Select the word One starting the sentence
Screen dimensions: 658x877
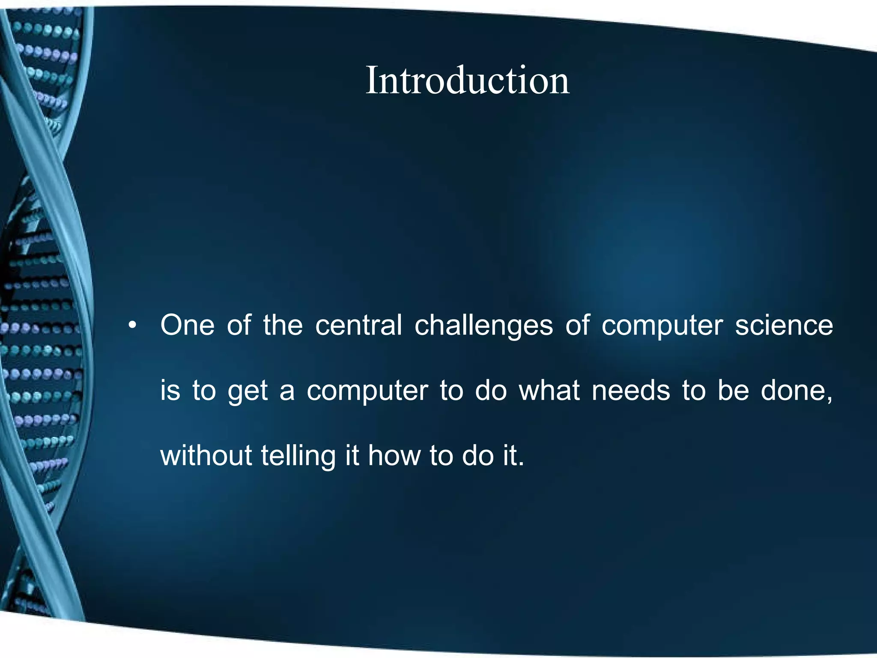pos(187,325)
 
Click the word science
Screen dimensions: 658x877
pos(784,325)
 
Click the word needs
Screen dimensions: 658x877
pos(630,391)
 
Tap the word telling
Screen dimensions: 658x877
pos(298,457)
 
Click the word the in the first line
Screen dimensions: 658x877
pos(283,325)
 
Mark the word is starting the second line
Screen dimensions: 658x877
pos(170,391)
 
